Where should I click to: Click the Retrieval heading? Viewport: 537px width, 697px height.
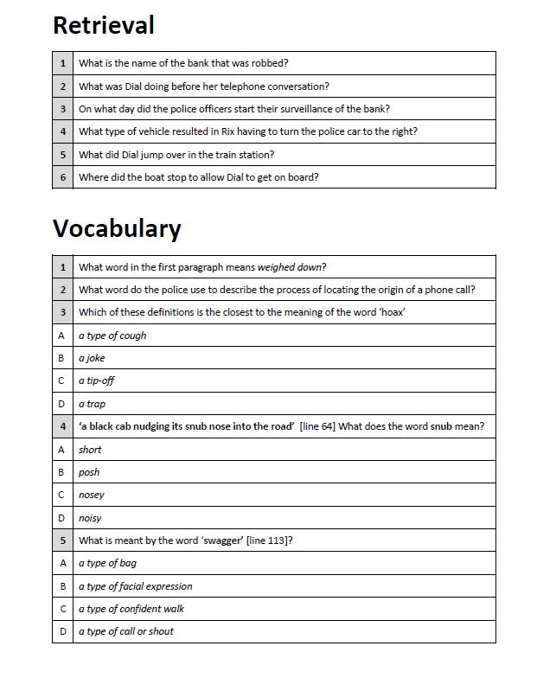pos(103,25)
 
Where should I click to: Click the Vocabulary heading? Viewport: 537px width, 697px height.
pos(117,228)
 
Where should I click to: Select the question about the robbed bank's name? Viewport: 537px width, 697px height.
pos(183,63)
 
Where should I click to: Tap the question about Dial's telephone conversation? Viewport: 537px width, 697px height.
pos(203,86)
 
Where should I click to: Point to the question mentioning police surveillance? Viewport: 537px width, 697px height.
pos(233,109)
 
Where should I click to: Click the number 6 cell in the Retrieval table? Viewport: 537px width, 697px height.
pos(62,177)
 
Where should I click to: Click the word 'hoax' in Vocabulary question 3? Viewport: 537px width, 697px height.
pos(391,312)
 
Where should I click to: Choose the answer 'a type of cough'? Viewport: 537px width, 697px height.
pos(112,336)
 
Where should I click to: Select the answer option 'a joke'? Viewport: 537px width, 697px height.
pos(92,358)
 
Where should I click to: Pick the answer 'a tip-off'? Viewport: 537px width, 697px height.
pos(96,380)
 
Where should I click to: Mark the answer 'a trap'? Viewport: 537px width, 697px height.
pos(92,404)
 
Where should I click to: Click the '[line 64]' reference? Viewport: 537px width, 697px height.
pos(317,426)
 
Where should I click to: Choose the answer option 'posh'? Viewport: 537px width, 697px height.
pos(89,472)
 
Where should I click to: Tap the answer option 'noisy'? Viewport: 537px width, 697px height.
pos(90,518)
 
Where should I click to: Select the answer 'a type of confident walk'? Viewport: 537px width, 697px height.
pos(131,609)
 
